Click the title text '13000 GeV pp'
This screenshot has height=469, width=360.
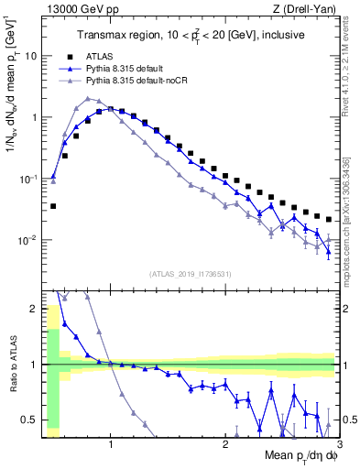[x=73, y=8]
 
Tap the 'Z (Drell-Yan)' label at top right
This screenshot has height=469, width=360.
[x=307, y=8]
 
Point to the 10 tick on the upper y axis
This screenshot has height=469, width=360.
[x=30, y=56]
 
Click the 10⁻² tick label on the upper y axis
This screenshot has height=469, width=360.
[x=27, y=241]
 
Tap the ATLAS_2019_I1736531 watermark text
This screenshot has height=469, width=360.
[x=191, y=273]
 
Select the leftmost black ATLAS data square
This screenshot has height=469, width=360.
[x=53, y=206]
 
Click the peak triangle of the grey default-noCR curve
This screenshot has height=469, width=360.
[x=87, y=98]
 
